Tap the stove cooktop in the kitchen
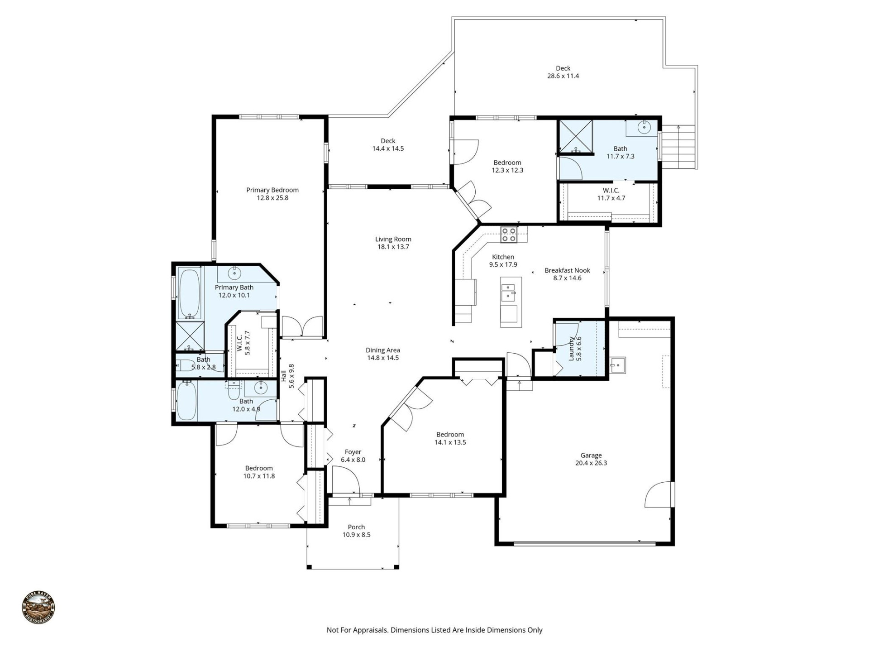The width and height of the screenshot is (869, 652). (509, 234)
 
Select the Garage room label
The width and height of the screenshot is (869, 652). (591, 455)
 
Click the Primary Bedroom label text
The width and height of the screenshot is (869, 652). (272, 190)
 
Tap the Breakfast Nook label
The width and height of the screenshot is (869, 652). (567, 270)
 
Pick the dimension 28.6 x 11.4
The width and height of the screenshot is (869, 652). (563, 76)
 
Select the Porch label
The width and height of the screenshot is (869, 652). (356, 527)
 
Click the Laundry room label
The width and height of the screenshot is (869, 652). (571, 348)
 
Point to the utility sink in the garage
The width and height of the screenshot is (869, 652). (618, 365)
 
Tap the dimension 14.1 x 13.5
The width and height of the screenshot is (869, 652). (450, 442)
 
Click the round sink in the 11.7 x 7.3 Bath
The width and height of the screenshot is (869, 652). (644, 128)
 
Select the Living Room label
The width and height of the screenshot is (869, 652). (393, 239)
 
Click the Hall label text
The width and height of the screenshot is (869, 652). (284, 376)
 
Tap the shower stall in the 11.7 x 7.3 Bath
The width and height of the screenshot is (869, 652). (575, 137)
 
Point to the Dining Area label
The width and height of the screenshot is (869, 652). (382, 350)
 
